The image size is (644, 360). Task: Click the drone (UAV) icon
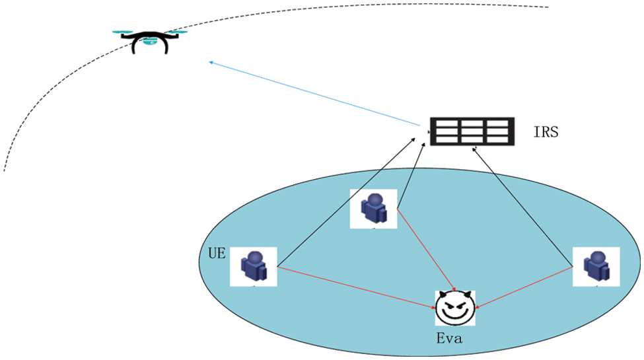150,40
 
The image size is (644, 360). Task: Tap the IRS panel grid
472,131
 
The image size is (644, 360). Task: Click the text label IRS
546,132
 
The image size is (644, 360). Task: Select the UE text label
217,254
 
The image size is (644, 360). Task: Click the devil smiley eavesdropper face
454,307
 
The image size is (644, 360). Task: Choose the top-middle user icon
373,209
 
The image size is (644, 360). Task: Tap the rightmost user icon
596,266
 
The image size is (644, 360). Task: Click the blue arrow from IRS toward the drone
317,94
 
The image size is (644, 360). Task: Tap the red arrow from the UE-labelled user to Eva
357,287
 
